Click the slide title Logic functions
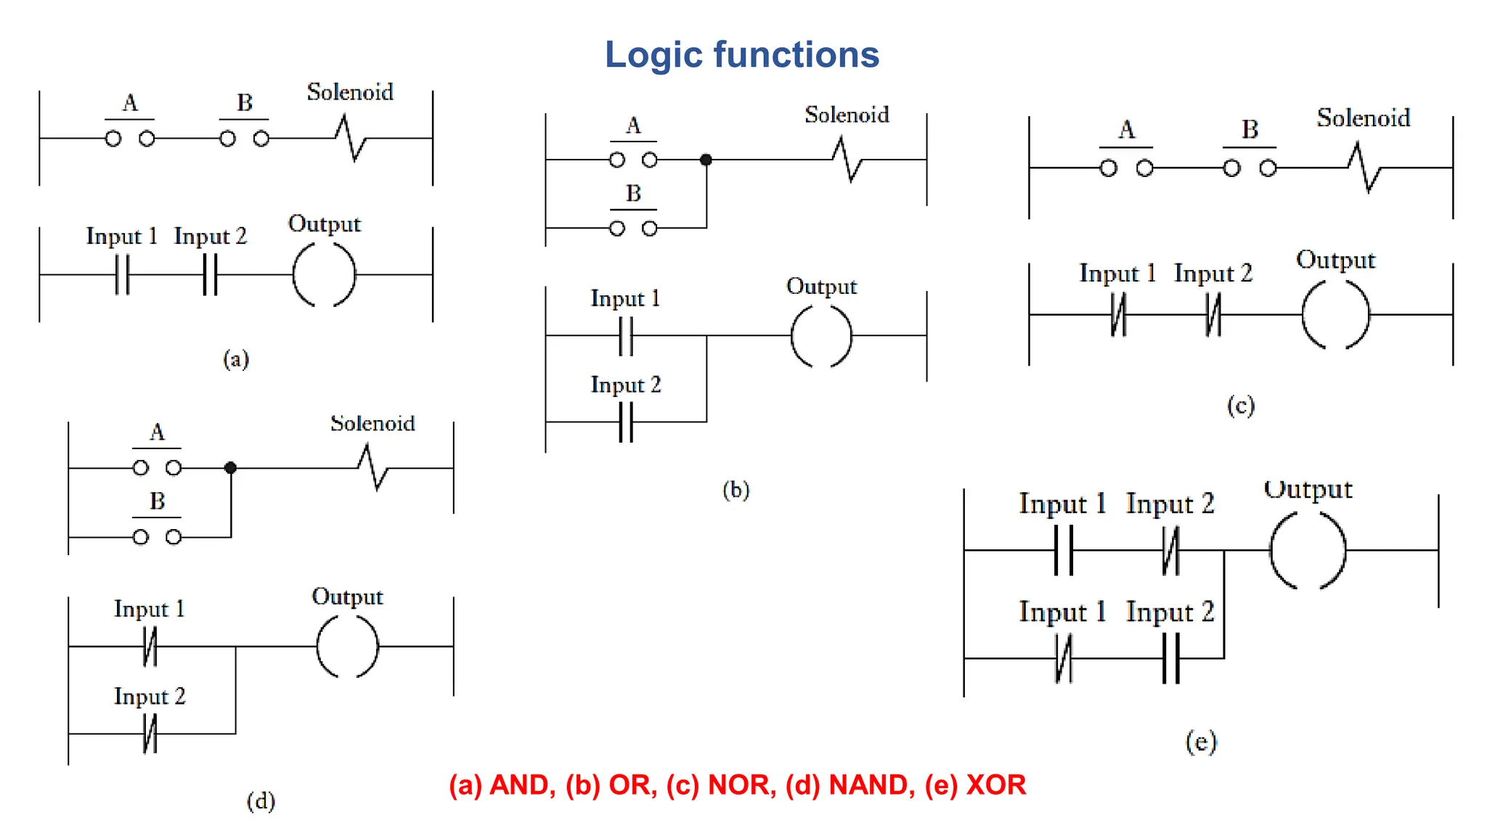741,55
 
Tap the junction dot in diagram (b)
706,160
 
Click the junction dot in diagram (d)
231,468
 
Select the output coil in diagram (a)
324,275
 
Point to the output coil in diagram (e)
1308,550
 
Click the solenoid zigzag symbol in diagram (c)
1364,168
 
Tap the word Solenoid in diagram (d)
372,424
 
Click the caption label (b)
736,490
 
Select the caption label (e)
1201,742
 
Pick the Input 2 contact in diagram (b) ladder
626,422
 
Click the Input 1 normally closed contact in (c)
1118,315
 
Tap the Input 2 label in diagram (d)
150,697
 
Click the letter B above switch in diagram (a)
245,103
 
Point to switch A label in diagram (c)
1126,130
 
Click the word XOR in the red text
995,785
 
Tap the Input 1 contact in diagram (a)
123,275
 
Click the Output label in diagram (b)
821,287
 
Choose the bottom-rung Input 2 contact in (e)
1170,658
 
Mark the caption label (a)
236,358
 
